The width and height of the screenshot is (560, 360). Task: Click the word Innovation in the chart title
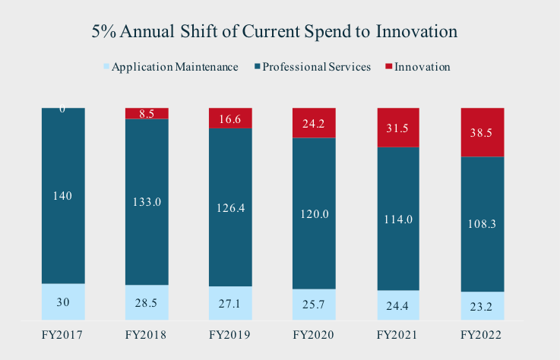point(413,32)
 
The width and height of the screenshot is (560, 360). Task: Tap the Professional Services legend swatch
point(258,67)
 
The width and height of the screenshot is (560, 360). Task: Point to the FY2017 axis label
point(62,334)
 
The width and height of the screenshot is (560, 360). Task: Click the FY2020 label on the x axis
point(314,334)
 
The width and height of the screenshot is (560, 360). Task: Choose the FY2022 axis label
point(482,334)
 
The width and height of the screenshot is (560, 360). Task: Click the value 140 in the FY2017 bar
point(62,196)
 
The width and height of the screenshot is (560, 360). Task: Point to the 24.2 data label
point(314,122)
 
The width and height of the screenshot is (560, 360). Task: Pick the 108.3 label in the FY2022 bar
point(482,225)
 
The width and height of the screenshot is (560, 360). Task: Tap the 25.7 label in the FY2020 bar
point(314,304)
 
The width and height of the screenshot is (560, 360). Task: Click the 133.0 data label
point(147,202)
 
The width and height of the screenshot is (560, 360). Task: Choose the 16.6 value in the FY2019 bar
point(230,118)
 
